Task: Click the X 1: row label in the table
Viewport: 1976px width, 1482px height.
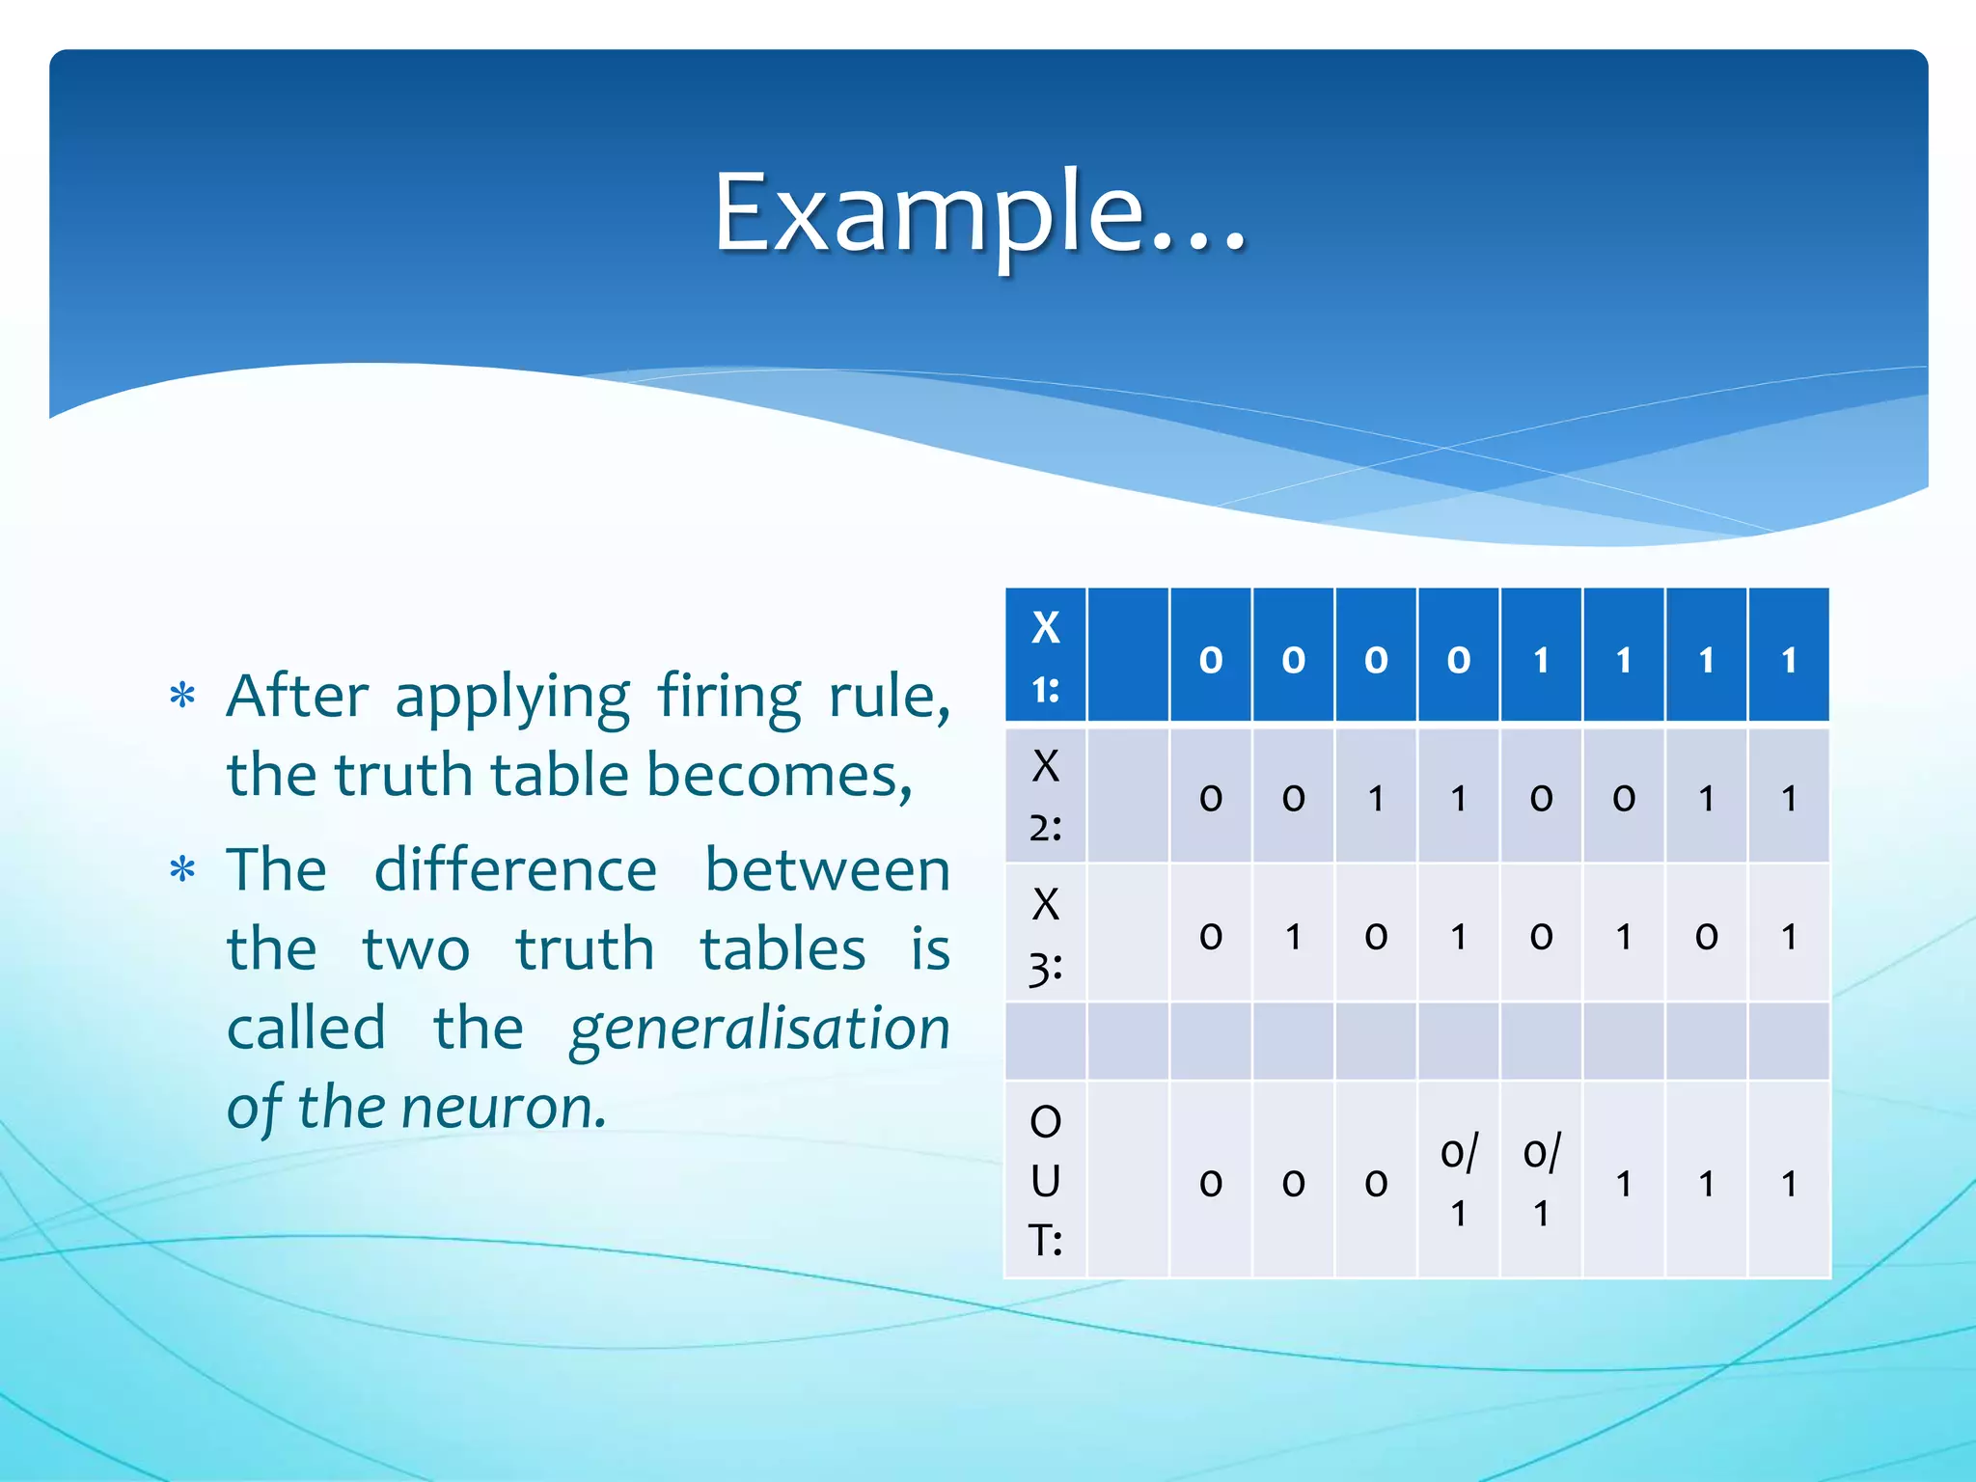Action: (x=1045, y=656)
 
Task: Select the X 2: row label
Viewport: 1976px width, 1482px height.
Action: (x=1045, y=796)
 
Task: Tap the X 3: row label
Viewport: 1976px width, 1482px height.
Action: (x=1045, y=934)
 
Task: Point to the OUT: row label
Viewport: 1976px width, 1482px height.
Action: (x=1045, y=1180)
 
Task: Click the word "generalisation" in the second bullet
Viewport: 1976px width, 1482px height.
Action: (x=759, y=1029)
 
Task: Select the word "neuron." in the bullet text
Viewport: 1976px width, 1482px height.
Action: (x=505, y=1107)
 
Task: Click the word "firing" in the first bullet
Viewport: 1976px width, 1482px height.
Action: (x=728, y=696)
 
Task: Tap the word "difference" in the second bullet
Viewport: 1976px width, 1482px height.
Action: (x=515, y=870)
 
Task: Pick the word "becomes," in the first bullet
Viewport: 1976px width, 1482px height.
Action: (x=779, y=775)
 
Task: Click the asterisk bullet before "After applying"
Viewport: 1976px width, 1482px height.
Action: (x=182, y=695)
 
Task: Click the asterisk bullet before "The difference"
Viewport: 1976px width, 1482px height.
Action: (x=182, y=869)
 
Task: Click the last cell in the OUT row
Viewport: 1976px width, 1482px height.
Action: (x=1789, y=1183)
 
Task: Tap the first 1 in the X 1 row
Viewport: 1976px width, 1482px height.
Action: (x=1541, y=660)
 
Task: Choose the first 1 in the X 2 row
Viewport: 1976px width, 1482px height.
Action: (x=1376, y=798)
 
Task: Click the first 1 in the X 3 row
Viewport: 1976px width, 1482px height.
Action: (x=1293, y=936)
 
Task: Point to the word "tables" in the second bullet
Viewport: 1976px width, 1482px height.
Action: (x=782, y=949)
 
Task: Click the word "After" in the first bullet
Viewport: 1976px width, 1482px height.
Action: (x=297, y=696)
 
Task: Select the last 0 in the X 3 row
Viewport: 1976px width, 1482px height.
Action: (x=1706, y=936)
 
